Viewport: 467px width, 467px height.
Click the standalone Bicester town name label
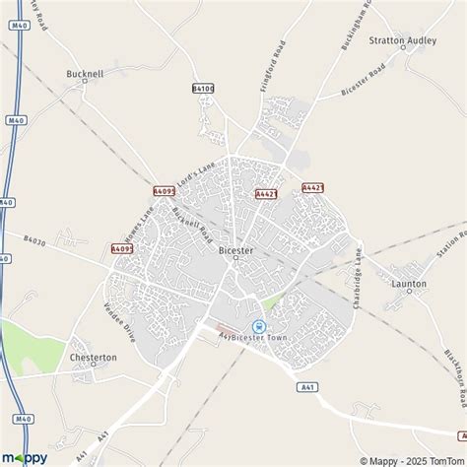point(234,250)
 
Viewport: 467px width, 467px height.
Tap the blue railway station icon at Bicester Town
point(259,326)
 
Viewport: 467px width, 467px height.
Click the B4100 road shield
point(202,89)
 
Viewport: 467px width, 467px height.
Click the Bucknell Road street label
point(193,226)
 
